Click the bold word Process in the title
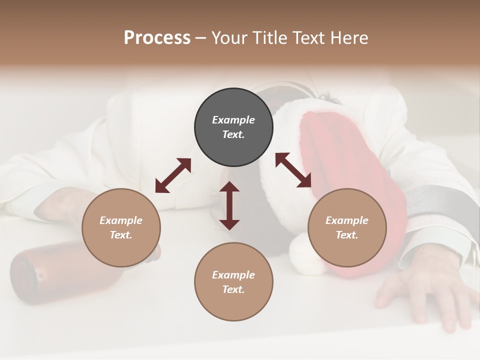pos(157,38)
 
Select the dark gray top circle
pos(233,127)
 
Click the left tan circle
pos(121,227)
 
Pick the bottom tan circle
pos(233,282)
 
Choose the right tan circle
pos(347,227)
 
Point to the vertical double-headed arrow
pos(229,205)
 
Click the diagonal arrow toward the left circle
pos(173,175)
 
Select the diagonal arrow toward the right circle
pos(293,170)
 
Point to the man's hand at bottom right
pos(425,285)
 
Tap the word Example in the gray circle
pos(233,120)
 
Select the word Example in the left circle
pos(121,220)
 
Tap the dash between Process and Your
pos(201,38)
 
